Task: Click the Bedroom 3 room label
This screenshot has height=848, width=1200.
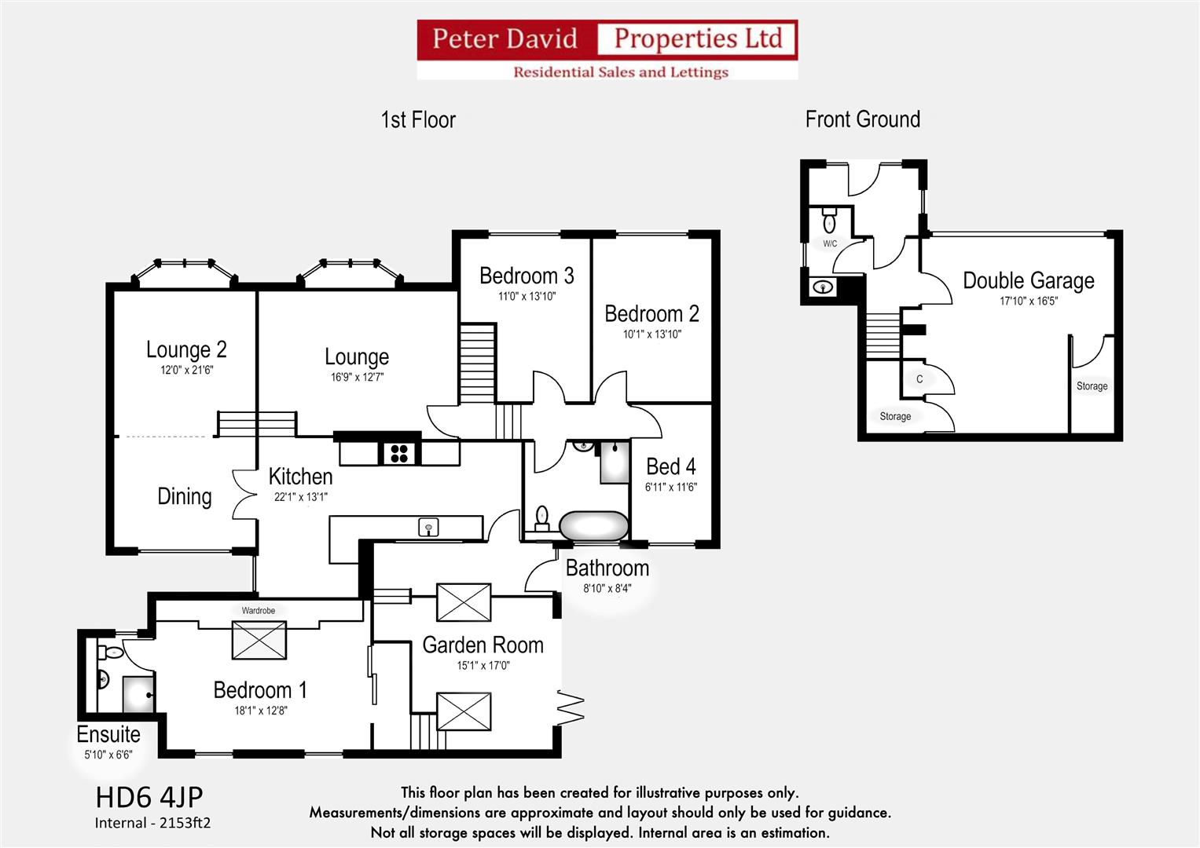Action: [x=527, y=276]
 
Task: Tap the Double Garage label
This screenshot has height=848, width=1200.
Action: [x=1028, y=280]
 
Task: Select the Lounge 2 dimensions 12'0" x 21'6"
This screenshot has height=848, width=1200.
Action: [x=186, y=370]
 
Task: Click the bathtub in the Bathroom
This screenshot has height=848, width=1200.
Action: [x=594, y=525]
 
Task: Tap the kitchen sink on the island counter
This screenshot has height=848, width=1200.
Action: [x=428, y=527]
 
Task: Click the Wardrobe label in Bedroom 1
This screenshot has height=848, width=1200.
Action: [x=258, y=610]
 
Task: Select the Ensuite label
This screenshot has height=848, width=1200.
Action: [x=108, y=734]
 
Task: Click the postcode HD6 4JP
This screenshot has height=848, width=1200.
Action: [x=149, y=797]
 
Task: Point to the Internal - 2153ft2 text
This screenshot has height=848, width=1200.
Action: [x=152, y=823]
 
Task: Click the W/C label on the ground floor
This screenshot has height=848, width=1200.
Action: [x=830, y=243]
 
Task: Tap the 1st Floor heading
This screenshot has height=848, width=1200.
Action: [x=418, y=119]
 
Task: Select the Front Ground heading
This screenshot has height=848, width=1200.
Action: [x=862, y=119]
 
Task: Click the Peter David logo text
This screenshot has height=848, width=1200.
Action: [x=505, y=38]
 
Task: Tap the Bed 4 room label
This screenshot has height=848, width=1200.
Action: [x=670, y=466]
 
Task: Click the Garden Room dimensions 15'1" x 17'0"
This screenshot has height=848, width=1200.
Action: [x=483, y=665]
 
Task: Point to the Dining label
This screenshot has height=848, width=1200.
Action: [x=185, y=496]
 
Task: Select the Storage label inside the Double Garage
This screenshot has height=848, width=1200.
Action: [x=1092, y=386]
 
